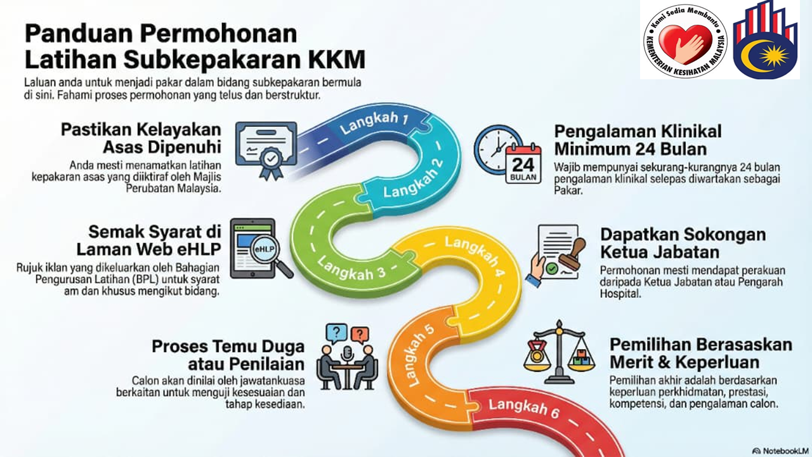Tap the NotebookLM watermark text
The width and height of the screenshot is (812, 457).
(779, 449)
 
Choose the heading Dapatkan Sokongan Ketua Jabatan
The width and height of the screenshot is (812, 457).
(683, 243)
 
